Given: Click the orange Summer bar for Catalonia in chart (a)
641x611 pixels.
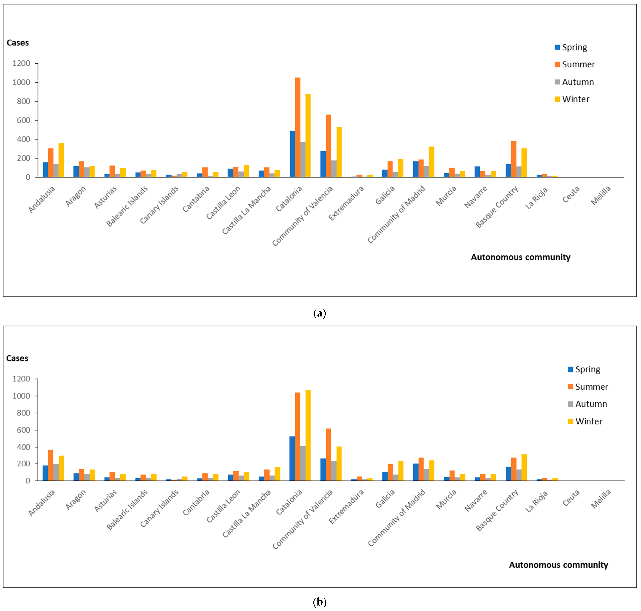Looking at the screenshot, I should pyautogui.click(x=297, y=127).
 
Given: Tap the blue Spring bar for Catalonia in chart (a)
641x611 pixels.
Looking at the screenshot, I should pyautogui.click(x=292, y=154).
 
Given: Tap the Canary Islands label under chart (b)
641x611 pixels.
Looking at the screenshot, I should pyautogui.click(x=159, y=508).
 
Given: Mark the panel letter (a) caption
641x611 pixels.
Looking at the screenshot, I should pyautogui.click(x=320, y=314).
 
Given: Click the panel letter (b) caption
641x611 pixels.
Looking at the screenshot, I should pyautogui.click(x=320, y=602).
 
